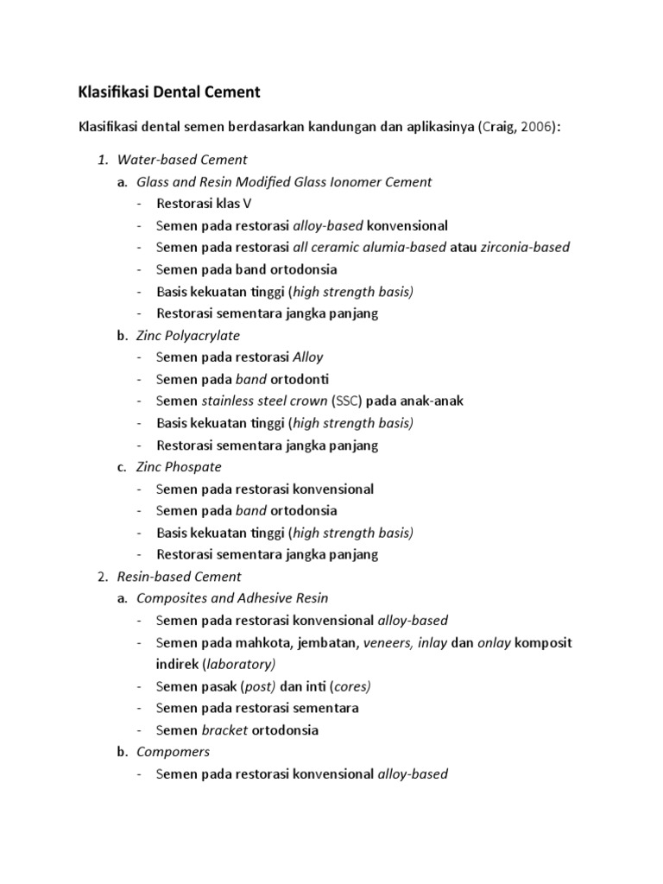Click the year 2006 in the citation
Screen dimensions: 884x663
coord(535,127)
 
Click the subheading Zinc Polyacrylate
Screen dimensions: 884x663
coord(188,335)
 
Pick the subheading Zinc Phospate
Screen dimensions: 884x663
coord(179,467)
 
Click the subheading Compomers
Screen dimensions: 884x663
coord(173,752)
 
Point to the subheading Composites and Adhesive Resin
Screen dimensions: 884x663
coord(232,598)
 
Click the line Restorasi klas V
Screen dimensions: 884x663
coord(204,204)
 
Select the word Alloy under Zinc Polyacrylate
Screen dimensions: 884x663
coord(308,357)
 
